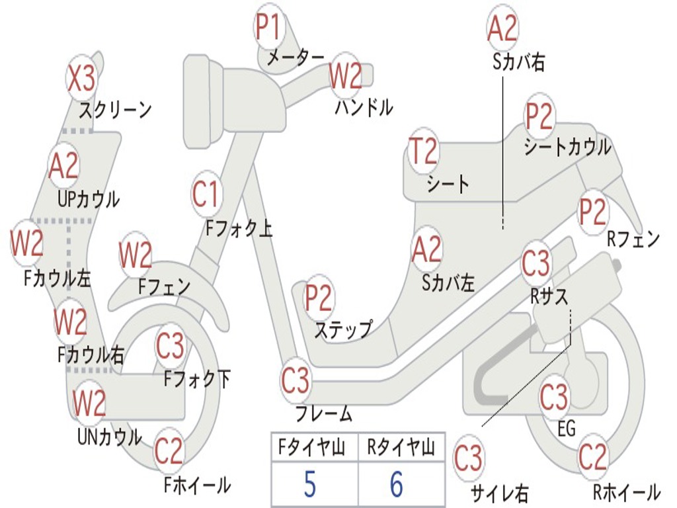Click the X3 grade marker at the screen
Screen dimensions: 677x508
pos(82,79)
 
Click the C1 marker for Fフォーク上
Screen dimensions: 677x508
pos(206,194)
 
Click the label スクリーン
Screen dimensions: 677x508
pos(115,108)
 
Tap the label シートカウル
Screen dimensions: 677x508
pos(567,147)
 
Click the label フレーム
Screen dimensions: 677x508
pos(323,414)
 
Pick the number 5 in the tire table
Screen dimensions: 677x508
pos(310,484)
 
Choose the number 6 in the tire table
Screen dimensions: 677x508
pos(397,484)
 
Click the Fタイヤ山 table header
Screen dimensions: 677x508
pos(310,448)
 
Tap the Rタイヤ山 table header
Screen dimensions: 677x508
pos(401,448)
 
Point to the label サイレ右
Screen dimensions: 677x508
pos(499,492)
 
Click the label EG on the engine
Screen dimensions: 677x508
pos(567,429)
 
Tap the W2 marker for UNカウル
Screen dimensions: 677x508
pos(89,402)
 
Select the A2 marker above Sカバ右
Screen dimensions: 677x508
pos(502,28)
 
